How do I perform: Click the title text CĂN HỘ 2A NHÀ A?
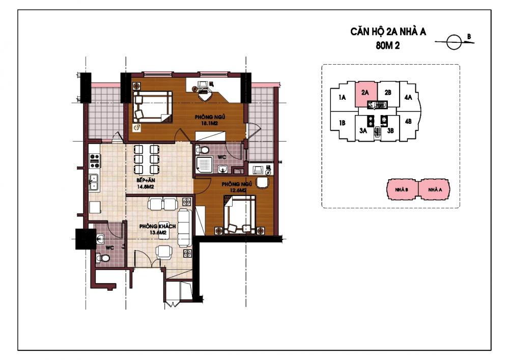pyautogui.click(x=388, y=32)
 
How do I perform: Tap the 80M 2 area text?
pyautogui.click(x=387, y=46)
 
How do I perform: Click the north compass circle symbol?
pyautogui.click(x=454, y=42)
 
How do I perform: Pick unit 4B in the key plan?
pyautogui.click(x=408, y=121)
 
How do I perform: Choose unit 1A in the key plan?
pyautogui.click(x=342, y=97)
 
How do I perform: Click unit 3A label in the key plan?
pyautogui.click(x=363, y=130)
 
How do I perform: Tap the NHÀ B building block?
pyautogui.click(x=402, y=189)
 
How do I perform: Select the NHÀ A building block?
pyautogui.click(x=435, y=189)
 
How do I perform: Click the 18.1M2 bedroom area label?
pyautogui.click(x=209, y=123)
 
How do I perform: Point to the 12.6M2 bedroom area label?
pyautogui.click(x=238, y=190)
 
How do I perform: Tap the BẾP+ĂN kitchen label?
pyautogui.click(x=146, y=180)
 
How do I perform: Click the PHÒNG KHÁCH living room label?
pyautogui.click(x=157, y=226)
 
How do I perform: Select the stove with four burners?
pyautogui.click(x=95, y=161)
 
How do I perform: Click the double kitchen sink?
pyautogui.click(x=94, y=182)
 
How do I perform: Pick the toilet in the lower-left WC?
pyautogui.click(x=103, y=258)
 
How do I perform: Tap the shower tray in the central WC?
pyautogui.click(x=204, y=164)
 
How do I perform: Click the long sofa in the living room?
pyautogui.click(x=185, y=228)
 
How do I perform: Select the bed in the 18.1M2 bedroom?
pyautogui.click(x=152, y=106)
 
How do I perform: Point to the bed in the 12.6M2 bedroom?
pyautogui.click(x=240, y=214)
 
